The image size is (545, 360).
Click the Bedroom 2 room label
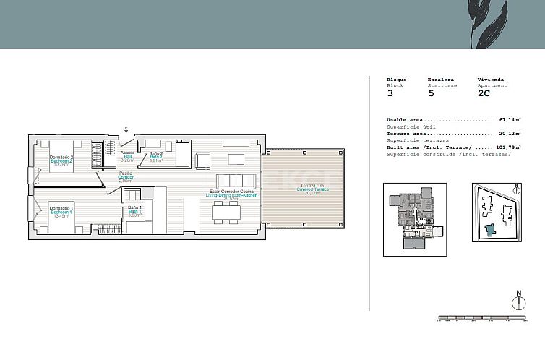click(x=61, y=160)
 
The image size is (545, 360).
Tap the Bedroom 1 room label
click(x=61, y=212)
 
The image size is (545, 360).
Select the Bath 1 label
click(x=134, y=211)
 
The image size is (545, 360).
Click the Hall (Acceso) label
click(x=127, y=156)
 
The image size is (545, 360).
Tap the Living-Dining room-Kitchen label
click(x=232, y=194)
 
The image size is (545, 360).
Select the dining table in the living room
click(x=226, y=210)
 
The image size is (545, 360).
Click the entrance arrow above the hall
click(x=126, y=130)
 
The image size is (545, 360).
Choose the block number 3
click(x=390, y=93)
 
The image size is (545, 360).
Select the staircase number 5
click(x=431, y=93)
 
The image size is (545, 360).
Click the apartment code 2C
click(x=484, y=93)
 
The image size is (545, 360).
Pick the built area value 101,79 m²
click(x=507, y=147)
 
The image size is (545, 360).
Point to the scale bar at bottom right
click(x=481, y=317)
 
